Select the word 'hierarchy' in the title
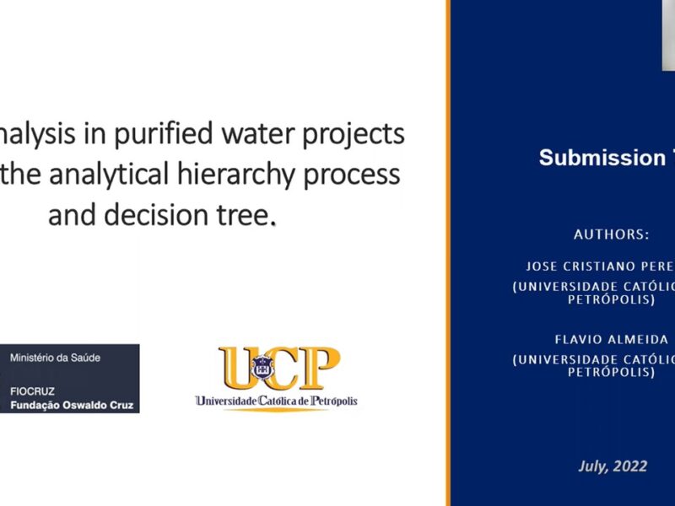click(x=236, y=175)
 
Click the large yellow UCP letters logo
click(x=279, y=368)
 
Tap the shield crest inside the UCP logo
click(x=262, y=368)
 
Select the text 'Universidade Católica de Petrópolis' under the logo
click(x=277, y=401)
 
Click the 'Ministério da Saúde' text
click(x=55, y=358)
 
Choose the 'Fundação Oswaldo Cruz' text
click(x=72, y=406)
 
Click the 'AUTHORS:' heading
click(x=611, y=234)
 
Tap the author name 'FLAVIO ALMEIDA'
click(x=611, y=340)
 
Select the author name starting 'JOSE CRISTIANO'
click(x=600, y=266)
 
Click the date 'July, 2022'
click(x=613, y=466)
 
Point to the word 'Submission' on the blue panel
click(x=602, y=158)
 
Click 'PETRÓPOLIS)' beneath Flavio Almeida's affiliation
click(x=611, y=372)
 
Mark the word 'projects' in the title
click(x=354, y=134)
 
